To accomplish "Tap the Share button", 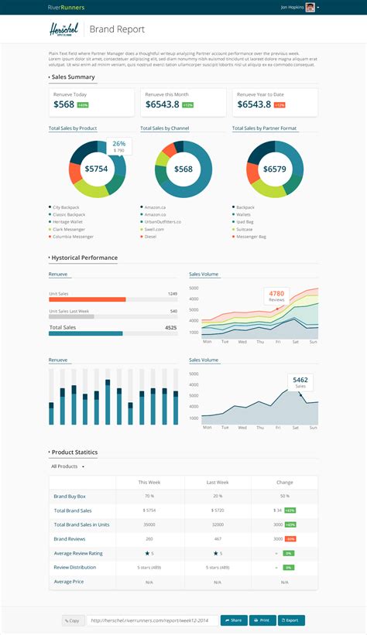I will [x=234, y=620].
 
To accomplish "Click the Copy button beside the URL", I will [x=73, y=620].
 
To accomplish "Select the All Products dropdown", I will [x=67, y=466].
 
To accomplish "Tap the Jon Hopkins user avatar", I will [x=310, y=7].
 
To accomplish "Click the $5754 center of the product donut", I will [x=97, y=169].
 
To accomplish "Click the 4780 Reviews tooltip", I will [x=277, y=296].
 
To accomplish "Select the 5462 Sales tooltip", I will [x=300, y=383].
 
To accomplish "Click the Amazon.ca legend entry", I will [x=156, y=207].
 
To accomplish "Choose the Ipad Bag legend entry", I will [x=245, y=222].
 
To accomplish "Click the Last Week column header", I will [x=218, y=482].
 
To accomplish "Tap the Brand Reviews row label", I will [x=69, y=538].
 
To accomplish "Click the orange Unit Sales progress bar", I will [x=87, y=299].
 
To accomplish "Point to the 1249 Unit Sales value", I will [x=172, y=294].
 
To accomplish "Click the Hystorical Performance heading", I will [x=84, y=258].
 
